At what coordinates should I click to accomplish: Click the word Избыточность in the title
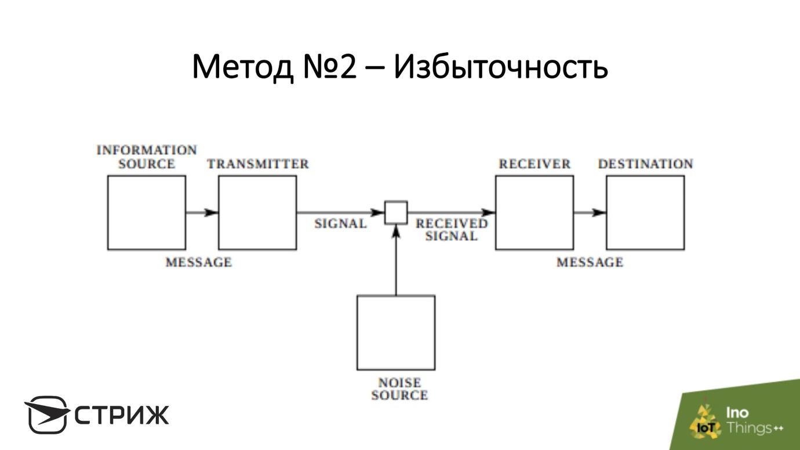(500, 67)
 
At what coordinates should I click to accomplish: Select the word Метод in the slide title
(243, 67)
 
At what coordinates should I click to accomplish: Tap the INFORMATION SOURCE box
(147, 213)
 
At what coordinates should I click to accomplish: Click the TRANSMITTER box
(257, 213)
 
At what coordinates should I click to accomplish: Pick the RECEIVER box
(534, 213)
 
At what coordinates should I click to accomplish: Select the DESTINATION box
(645, 213)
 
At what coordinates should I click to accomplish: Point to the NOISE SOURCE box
(396, 332)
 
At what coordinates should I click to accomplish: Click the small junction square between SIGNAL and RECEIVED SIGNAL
(397, 212)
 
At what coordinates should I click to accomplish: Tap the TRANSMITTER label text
(258, 164)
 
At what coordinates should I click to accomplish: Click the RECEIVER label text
(534, 164)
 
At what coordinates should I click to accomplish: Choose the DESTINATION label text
(645, 164)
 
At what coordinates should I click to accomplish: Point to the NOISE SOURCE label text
(399, 389)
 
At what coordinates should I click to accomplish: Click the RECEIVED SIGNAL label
(452, 230)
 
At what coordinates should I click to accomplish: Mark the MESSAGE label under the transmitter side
(198, 263)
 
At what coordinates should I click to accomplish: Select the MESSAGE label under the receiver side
(590, 263)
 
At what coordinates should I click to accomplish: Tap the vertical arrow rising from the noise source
(397, 261)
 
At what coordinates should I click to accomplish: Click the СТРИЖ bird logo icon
(46, 414)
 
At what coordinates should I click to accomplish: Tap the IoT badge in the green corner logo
(705, 427)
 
